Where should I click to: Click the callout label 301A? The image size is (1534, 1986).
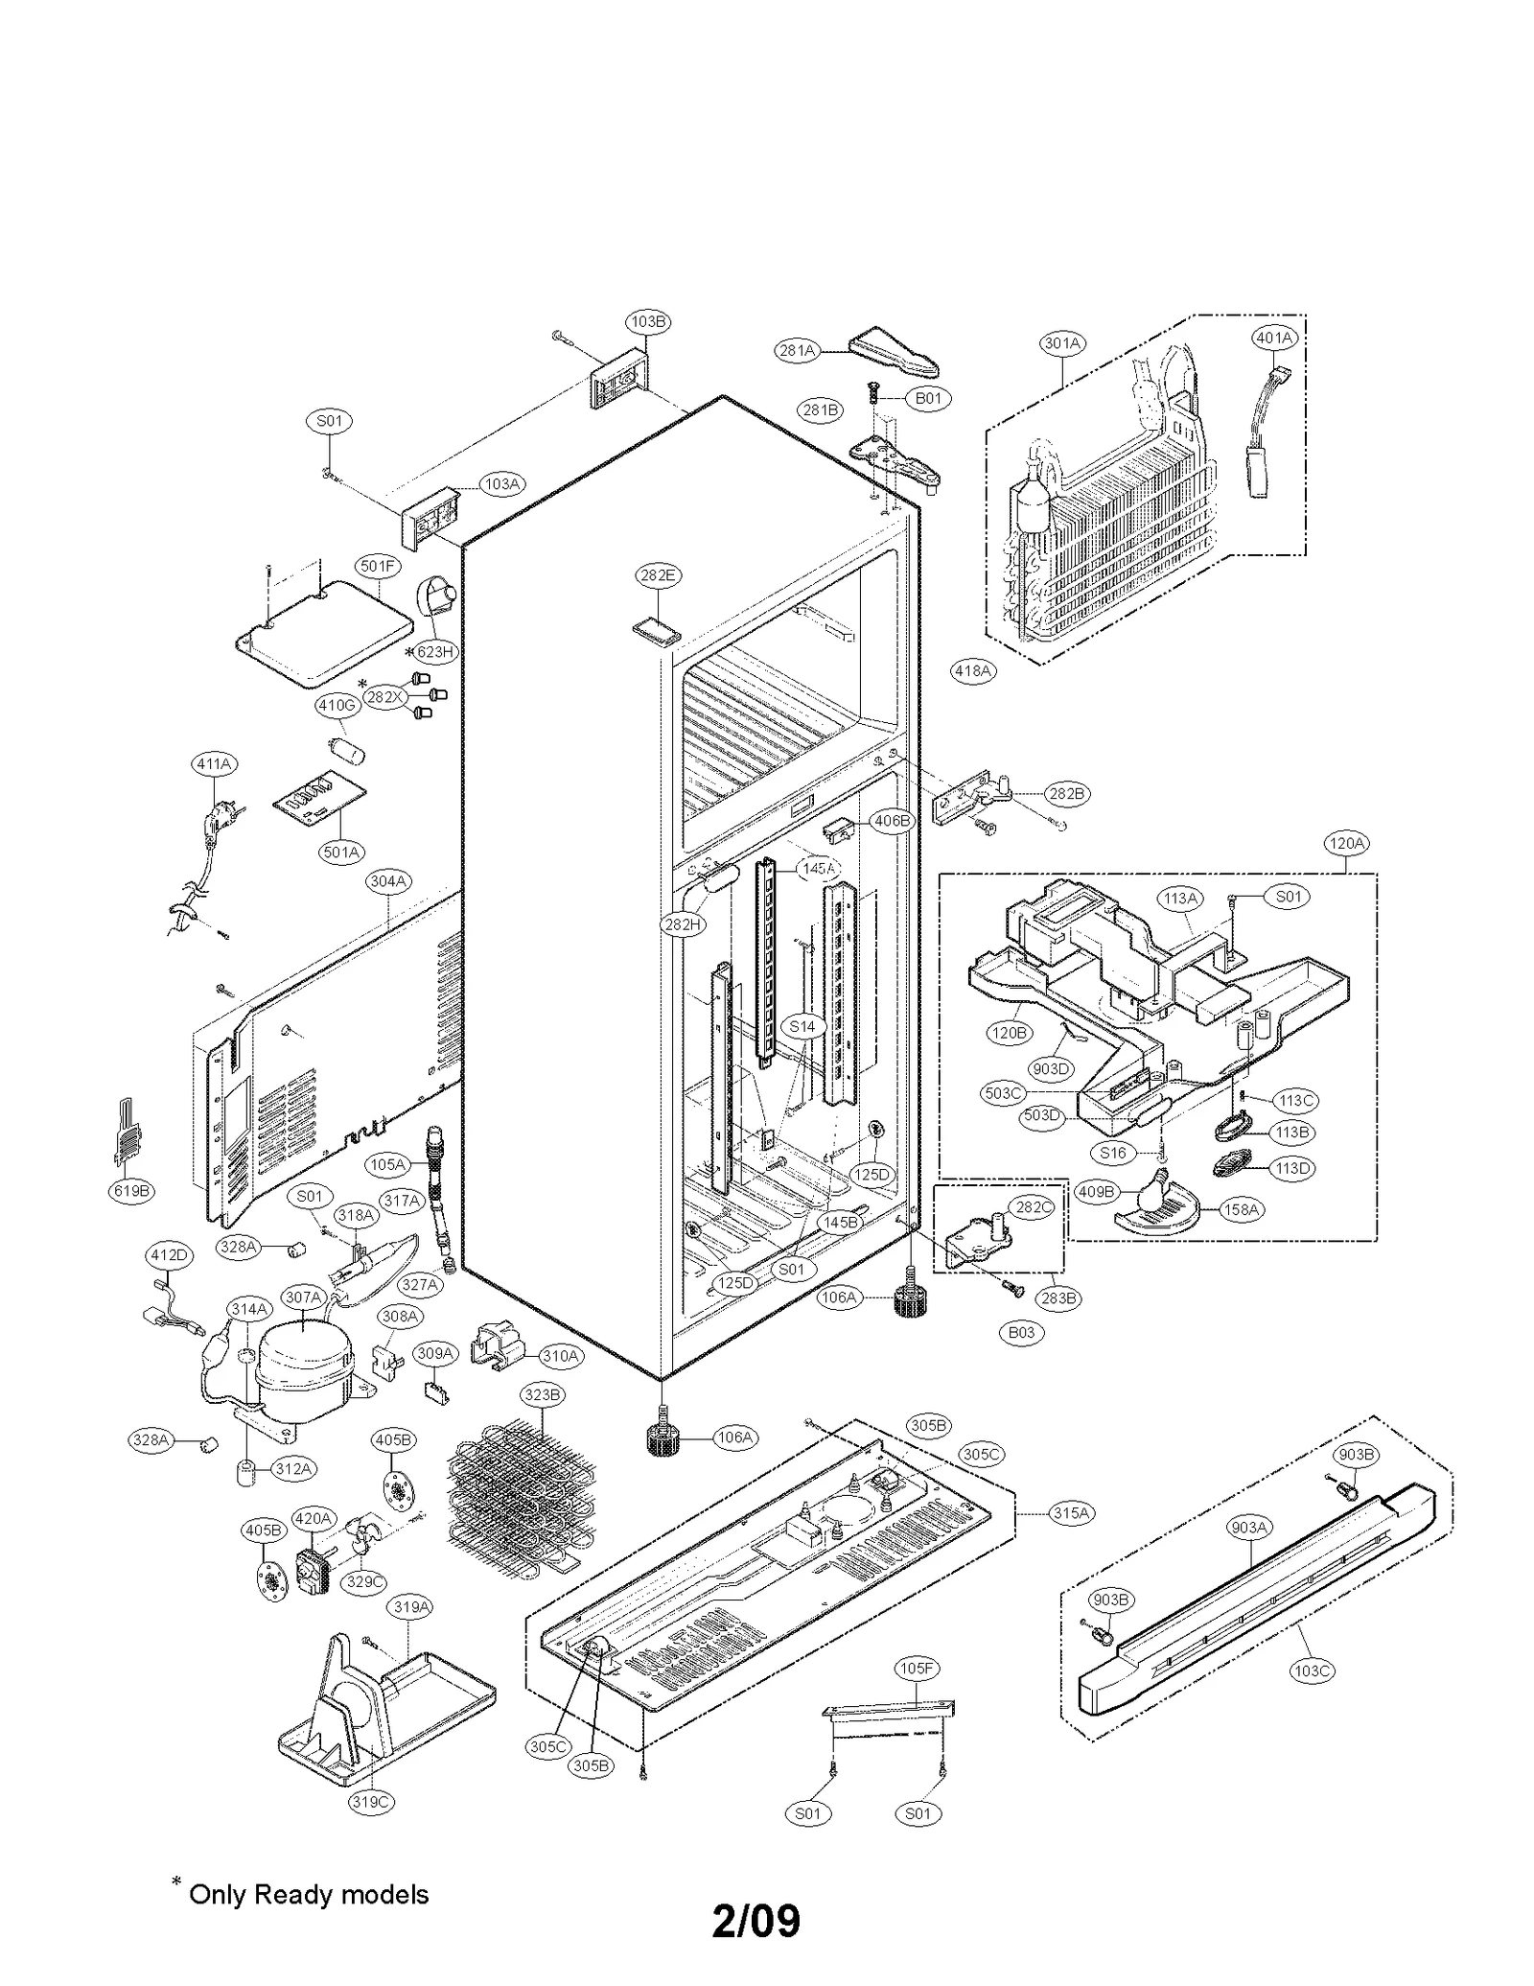[x=1062, y=342]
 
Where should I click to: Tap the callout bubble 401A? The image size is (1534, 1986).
[x=1274, y=338]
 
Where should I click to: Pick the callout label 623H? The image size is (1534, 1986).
[x=434, y=652]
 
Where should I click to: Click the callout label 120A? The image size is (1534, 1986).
[x=1345, y=843]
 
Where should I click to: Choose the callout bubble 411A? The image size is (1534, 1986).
[x=214, y=764]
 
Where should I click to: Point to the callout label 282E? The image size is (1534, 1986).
[x=658, y=575]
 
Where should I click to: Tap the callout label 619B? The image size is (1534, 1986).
[x=131, y=1191]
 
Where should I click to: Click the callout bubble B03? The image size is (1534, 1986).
[x=1022, y=1332]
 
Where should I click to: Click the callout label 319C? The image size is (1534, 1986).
[x=371, y=1802]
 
